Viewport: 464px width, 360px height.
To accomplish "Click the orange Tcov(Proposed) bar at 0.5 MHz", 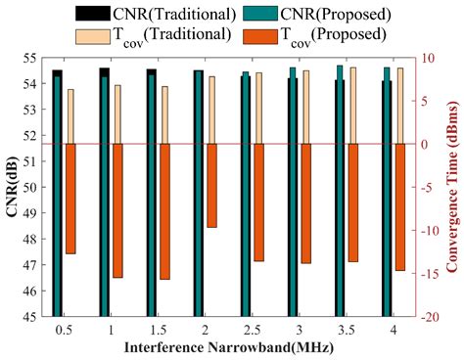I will click(x=70, y=199).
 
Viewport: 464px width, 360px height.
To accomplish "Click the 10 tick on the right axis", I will click(x=425, y=58).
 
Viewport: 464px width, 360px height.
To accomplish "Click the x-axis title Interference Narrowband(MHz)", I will click(x=224, y=347).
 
